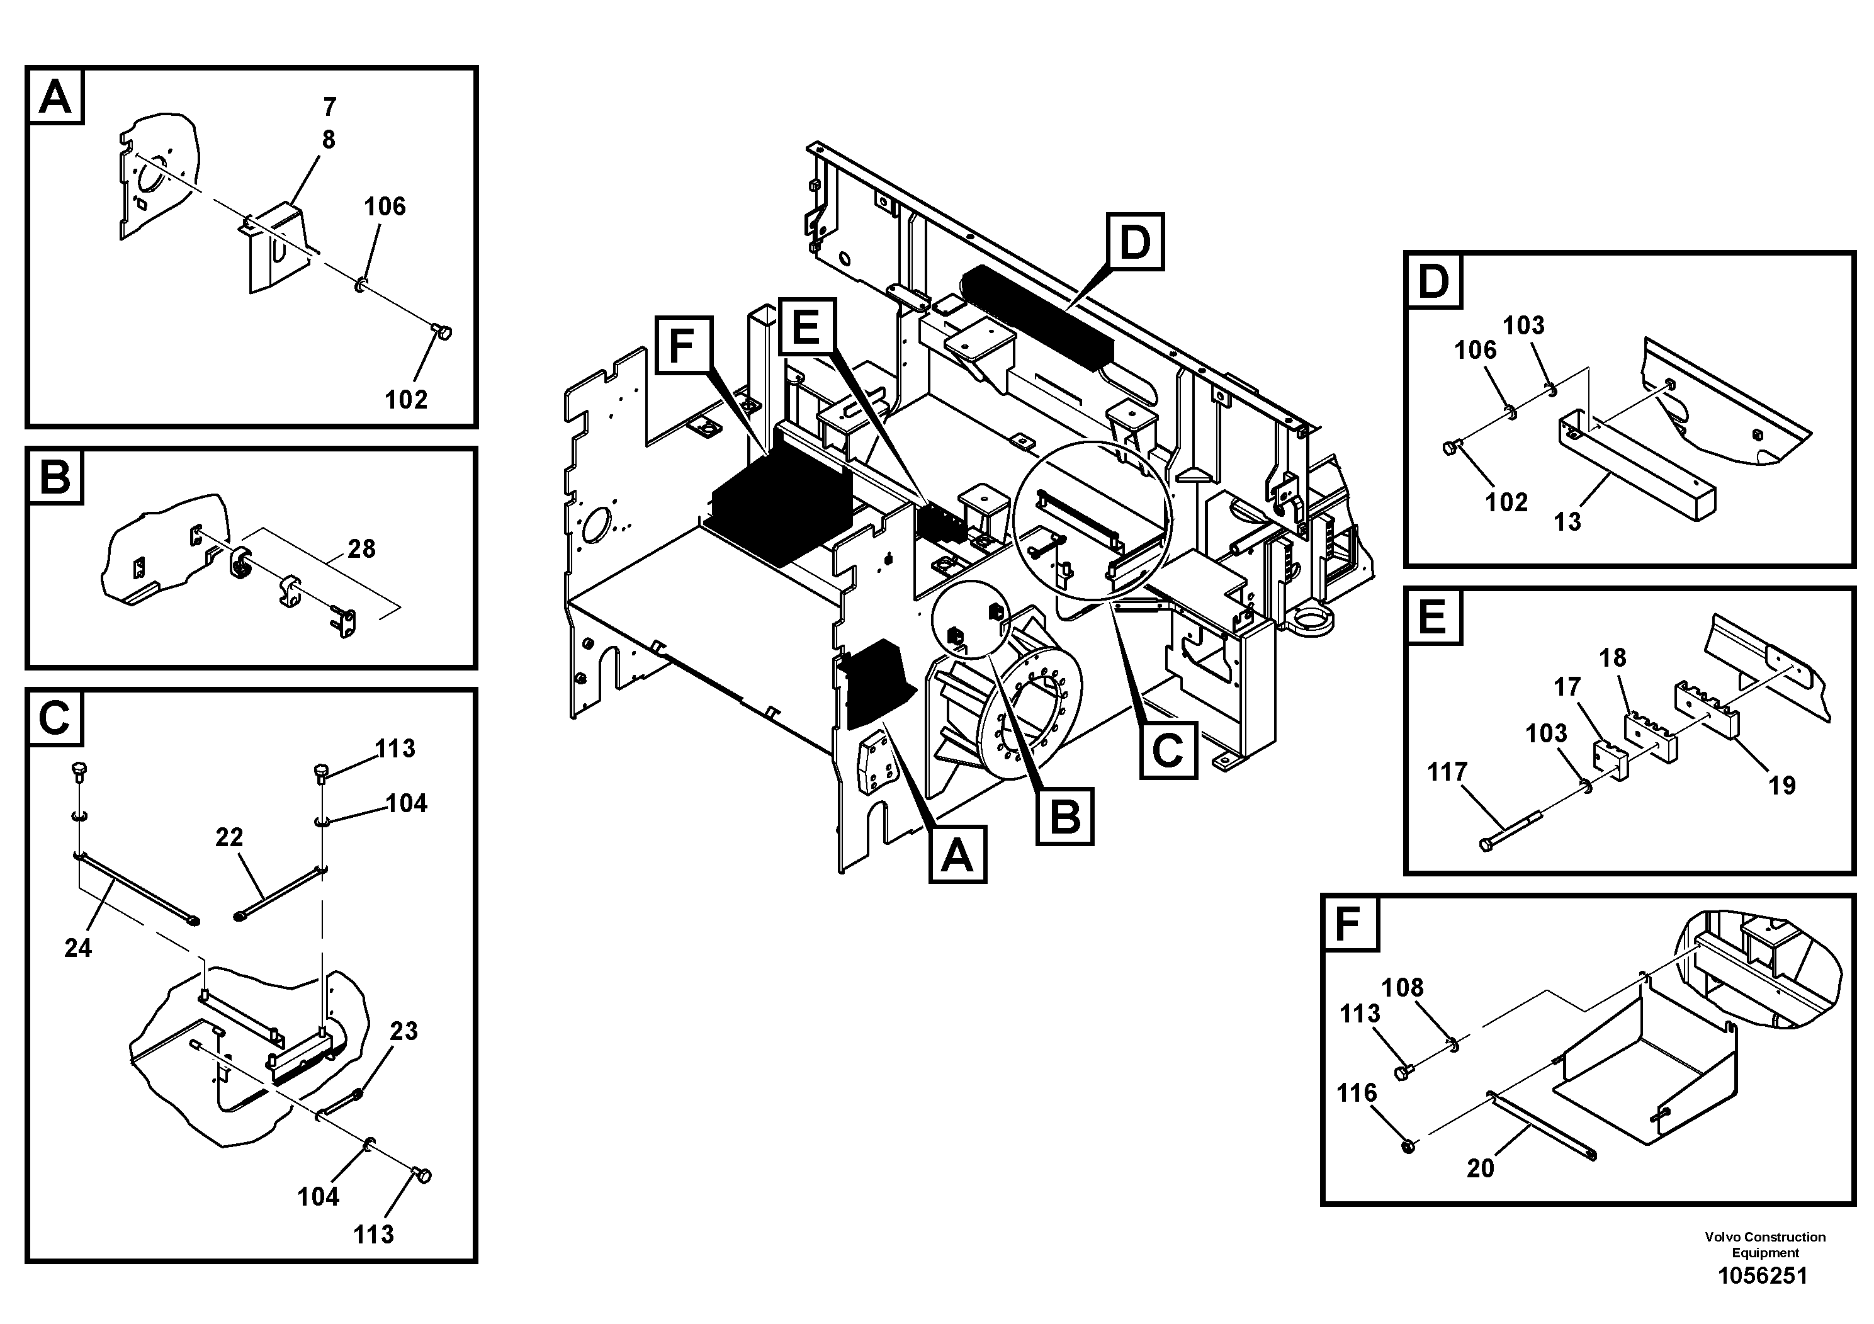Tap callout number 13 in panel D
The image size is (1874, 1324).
1567,521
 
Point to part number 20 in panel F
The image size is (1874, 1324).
1480,1168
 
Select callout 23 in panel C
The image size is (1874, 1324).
404,1031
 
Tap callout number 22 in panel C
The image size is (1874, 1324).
229,837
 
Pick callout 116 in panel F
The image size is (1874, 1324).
1357,1092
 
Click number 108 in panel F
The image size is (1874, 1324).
1403,988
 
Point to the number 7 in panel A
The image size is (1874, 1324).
330,107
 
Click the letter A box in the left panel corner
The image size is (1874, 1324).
55,96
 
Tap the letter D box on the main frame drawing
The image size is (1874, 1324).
1134,242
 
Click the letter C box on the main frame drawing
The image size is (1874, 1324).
1168,749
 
